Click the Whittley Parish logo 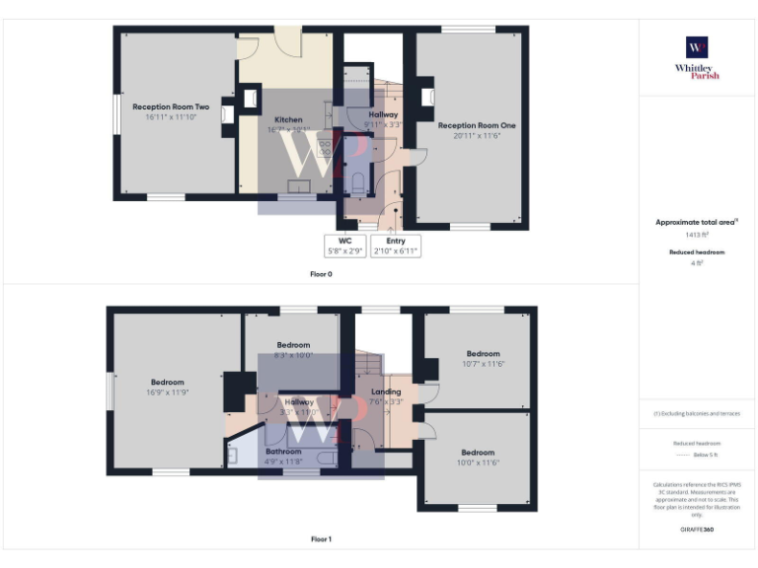tap(697, 57)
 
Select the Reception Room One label tap(477, 125)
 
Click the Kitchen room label tap(288, 120)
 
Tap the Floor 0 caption tap(321, 273)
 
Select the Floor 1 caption tap(321, 539)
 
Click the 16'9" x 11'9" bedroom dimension tap(167, 391)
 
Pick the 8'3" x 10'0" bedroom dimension tap(293, 355)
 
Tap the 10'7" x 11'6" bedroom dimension tap(484, 364)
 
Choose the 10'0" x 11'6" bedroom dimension tap(478, 462)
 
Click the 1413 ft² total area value tap(697, 235)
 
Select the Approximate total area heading tap(697, 223)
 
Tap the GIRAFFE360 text tap(697, 531)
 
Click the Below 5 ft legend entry tap(705, 457)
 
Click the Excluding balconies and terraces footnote tap(697, 413)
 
